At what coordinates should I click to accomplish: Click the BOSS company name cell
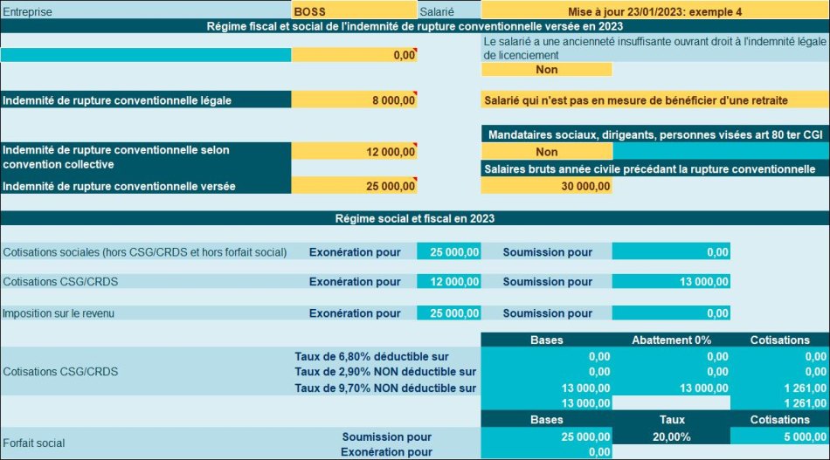354,11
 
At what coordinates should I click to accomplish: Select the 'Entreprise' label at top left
27,11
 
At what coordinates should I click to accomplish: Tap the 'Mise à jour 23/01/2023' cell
654,11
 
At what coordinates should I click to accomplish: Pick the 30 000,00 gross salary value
546,186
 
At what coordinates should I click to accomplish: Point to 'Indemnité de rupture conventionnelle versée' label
119,186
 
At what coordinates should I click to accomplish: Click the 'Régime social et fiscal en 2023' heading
415,218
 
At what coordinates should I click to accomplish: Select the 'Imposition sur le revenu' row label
59,313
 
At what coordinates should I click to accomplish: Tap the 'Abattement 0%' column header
672,340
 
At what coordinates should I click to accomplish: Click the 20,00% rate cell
672,436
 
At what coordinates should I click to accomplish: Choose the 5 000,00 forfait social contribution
778,436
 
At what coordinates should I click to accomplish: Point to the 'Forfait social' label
34,443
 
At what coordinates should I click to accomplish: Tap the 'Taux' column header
672,420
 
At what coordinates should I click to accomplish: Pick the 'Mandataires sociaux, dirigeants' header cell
654,135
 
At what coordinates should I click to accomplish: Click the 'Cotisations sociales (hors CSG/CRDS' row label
145,252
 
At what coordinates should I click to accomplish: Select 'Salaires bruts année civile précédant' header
654,168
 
